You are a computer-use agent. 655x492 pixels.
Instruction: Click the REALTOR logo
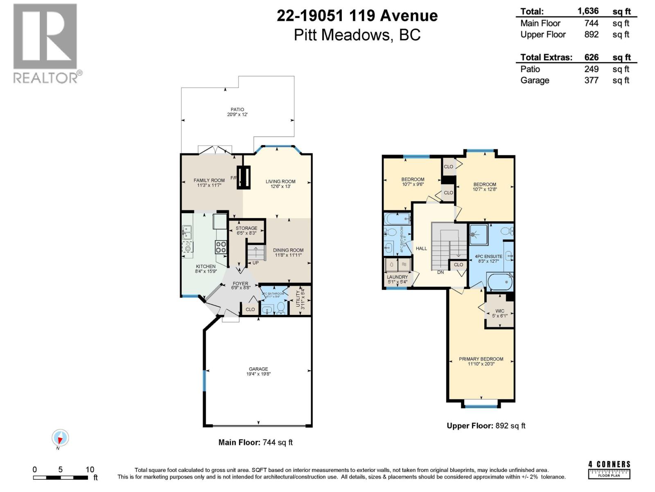(x=45, y=43)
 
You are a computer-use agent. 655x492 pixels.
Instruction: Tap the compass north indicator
(x=60, y=439)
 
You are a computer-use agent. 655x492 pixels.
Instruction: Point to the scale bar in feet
(x=61, y=477)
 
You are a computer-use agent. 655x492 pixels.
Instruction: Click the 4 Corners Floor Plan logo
(x=609, y=470)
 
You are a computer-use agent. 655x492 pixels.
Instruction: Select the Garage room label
(x=258, y=371)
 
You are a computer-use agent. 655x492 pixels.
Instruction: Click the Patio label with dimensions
(x=237, y=112)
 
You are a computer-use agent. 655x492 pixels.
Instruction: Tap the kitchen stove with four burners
(x=221, y=247)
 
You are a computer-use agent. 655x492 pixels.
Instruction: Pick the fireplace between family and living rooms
(x=244, y=178)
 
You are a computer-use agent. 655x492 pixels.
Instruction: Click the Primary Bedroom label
(x=481, y=361)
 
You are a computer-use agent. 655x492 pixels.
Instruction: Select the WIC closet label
(x=499, y=313)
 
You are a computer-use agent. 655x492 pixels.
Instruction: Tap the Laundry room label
(x=397, y=279)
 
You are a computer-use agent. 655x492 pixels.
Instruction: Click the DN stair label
(x=440, y=272)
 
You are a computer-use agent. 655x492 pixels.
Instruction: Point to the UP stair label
(x=255, y=263)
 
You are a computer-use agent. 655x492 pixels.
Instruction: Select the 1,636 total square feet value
(x=588, y=11)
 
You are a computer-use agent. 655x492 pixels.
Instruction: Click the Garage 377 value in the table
(x=591, y=80)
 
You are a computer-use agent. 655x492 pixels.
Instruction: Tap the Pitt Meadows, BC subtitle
(x=357, y=35)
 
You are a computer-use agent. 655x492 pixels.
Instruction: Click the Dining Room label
(x=288, y=252)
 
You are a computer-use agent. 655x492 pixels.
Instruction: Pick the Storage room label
(x=246, y=230)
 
